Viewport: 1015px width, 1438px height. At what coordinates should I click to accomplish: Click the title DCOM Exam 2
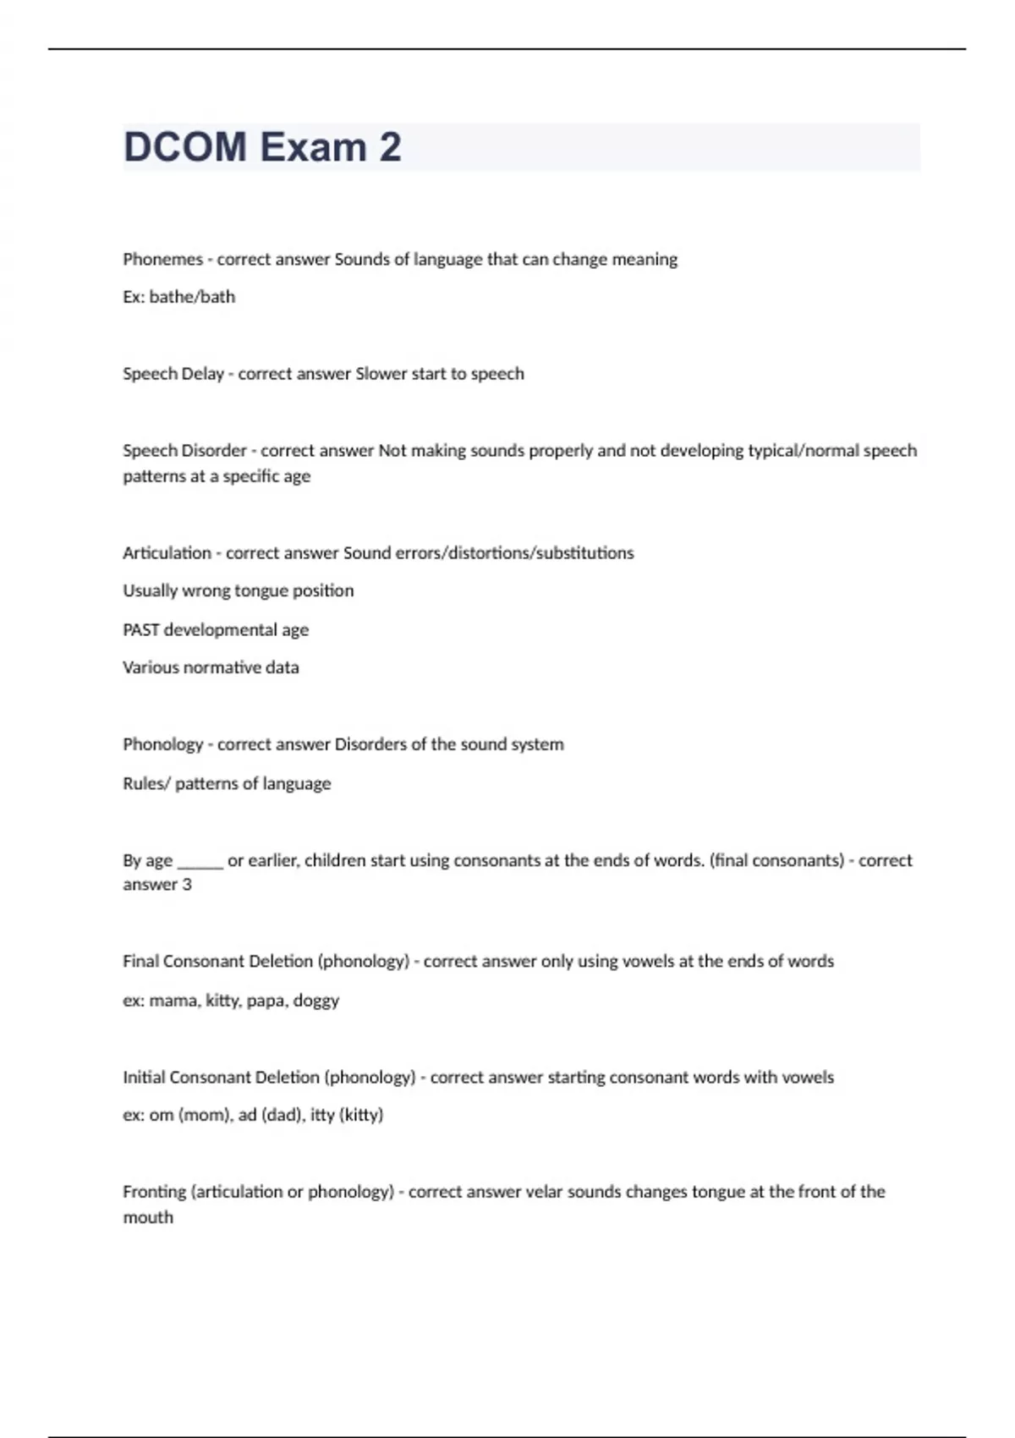click(262, 147)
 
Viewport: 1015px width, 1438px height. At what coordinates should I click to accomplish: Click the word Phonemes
click(162, 260)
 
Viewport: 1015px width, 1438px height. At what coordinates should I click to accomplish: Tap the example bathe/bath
click(192, 297)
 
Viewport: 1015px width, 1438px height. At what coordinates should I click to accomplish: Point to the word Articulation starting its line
click(167, 553)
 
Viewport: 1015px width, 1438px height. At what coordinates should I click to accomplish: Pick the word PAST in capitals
click(141, 630)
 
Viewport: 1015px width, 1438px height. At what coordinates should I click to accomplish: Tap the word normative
click(225, 667)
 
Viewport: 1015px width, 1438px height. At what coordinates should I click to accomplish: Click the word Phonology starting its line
click(162, 744)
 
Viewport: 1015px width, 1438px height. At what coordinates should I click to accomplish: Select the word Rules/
click(146, 783)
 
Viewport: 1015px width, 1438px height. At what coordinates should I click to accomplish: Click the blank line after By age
click(200, 861)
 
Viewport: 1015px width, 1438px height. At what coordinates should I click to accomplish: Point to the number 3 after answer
click(187, 885)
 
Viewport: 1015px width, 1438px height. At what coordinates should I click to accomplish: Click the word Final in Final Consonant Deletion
click(140, 962)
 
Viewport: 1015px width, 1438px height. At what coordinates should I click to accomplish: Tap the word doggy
click(315, 1001)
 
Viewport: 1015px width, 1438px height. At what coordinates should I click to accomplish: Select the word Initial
click(144, 1078)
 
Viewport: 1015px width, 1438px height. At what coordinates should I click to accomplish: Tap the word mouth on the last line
click(148, 1218)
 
